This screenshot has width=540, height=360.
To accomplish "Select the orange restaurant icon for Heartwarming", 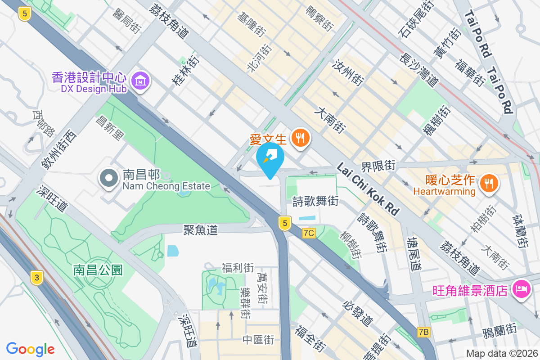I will point(488,183).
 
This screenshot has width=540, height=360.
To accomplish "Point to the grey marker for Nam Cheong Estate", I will point(108,179).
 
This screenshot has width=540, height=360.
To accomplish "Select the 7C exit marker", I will point(309,233).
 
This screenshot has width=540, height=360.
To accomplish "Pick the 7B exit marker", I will point(424,332).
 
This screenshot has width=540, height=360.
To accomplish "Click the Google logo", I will point(31,349).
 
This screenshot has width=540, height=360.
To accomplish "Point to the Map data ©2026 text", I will point(502,354).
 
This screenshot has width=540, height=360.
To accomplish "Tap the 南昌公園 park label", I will point(98,270).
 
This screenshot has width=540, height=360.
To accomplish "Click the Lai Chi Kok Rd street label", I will point(368,188).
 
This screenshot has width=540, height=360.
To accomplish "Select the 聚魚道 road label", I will point(200,230).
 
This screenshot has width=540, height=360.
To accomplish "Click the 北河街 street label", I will point(259,58).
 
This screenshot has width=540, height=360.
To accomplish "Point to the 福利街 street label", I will point(238,268).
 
